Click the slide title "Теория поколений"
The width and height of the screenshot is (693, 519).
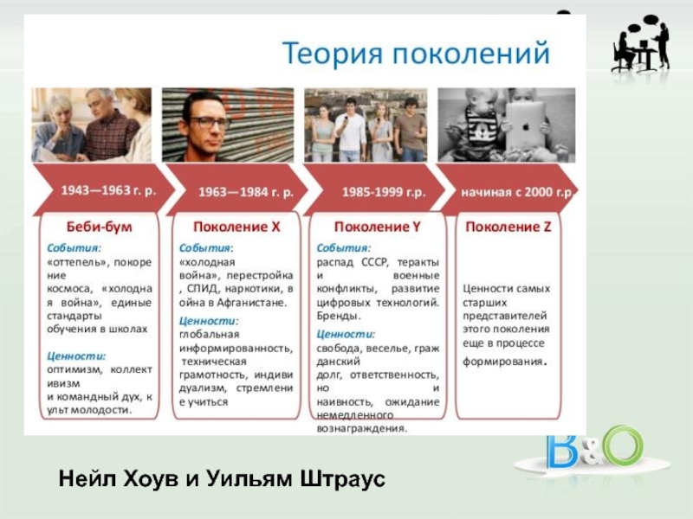pos(416,54)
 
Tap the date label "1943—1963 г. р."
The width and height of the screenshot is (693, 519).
pos(108,190)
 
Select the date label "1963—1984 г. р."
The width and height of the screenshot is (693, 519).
pos(246,192)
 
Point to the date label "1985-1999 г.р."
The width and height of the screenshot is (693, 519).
pos(384,192)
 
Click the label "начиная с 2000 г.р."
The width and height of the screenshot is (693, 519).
pos(517,192)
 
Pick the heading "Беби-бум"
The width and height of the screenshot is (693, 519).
pos(99,227)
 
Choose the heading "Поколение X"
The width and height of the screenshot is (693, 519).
pos(236,227)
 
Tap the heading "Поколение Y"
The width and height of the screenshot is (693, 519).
pos(377,227)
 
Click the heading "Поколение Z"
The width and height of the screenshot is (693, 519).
pos(508,227)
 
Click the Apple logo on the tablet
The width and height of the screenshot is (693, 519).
pos(526,127)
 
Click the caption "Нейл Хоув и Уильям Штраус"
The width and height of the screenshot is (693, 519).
pos(222,478)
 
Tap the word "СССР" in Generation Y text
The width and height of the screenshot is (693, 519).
pos(374,262)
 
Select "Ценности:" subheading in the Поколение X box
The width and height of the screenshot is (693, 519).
pos(209,321)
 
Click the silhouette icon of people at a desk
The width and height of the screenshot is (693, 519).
pos(640,44)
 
